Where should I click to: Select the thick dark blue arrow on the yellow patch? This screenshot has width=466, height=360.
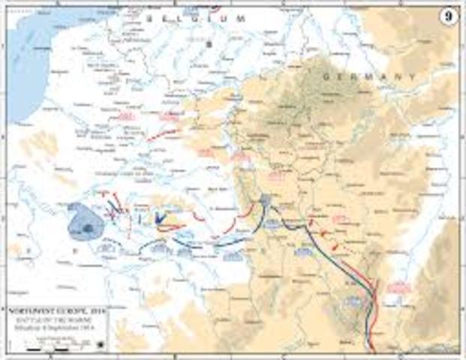point(159,217)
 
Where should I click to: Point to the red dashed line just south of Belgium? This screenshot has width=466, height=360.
point(163,136)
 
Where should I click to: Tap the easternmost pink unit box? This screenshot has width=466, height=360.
point(400,286)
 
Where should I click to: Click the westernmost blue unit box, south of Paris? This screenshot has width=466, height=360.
point(108,245)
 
